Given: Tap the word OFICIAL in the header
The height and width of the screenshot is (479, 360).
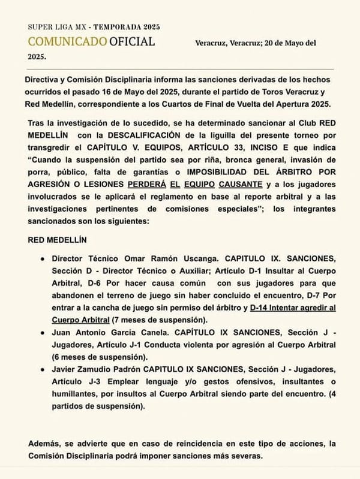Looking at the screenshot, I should pos(132,41).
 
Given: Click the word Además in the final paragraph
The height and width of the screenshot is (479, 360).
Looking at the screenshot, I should pos(45,444).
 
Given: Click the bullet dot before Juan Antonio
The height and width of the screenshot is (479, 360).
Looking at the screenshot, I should pos(41,336).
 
